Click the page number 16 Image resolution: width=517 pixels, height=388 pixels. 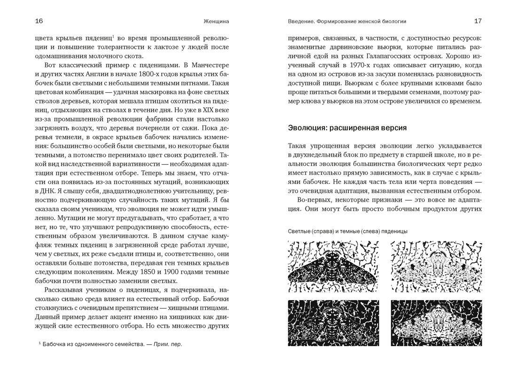pyautogui.click(x=39, y=21)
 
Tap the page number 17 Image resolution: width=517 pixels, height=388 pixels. pyautogui.click(x=478, y=21)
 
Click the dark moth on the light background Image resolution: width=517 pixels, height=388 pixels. pyautogui.click(x=333, y=266)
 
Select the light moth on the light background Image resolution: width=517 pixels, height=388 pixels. pyautogui.click(x=436, y=266)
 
